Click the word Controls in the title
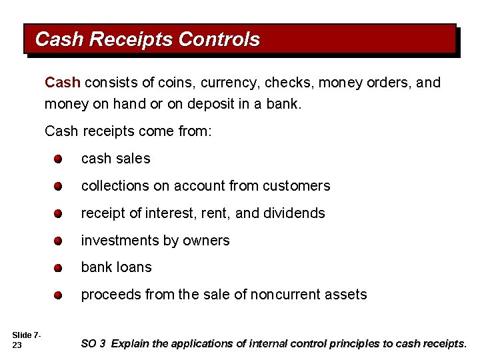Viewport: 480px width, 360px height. (x=219, y=39)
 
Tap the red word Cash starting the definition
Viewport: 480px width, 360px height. (x=62, y=83)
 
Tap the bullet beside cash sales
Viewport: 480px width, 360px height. (x=59, y=159)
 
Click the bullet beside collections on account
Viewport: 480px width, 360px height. (x=59, y=187)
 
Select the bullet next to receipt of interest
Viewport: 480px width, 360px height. (x=59, y=214)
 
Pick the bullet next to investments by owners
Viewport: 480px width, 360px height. (x=59, y=241)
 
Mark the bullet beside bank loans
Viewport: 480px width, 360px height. (x=59, y=268)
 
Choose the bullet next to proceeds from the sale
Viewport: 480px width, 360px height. (x=59, y=295)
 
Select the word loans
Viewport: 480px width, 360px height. (x=134, y=267)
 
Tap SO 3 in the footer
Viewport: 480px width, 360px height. (x=93, y=344)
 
